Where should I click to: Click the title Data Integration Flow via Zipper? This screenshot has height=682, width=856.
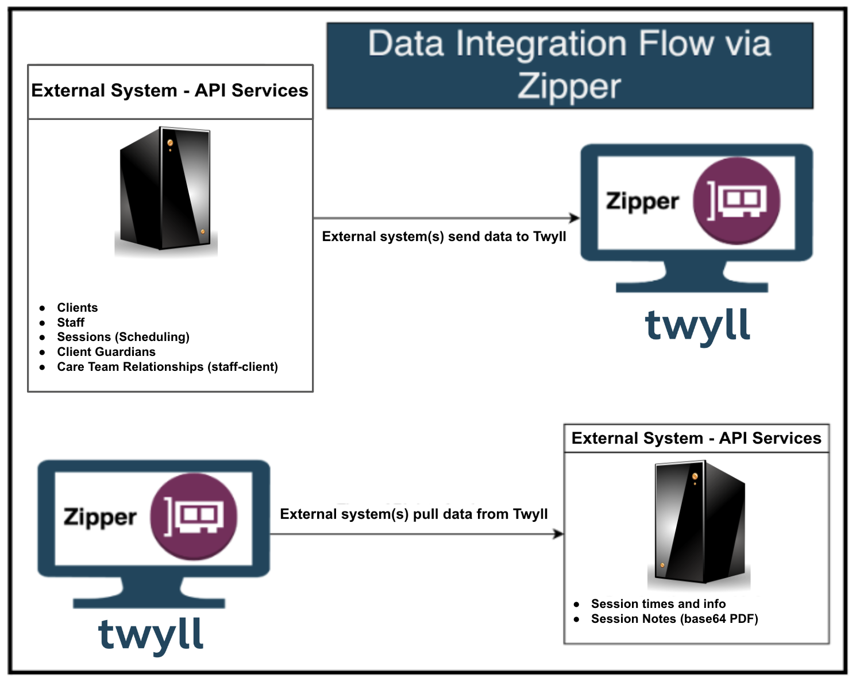point(569,65)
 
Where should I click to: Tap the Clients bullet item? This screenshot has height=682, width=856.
point(78,308)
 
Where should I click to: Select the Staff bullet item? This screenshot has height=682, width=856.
point(71,323)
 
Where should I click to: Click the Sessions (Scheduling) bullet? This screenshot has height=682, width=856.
point(123,337)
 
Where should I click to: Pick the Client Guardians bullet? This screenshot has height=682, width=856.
point(106,352)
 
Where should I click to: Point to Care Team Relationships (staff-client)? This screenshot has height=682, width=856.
point(167,367)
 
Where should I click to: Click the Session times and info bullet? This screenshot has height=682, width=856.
point(658,604)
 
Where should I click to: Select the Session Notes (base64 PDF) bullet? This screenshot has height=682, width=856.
point(674,619)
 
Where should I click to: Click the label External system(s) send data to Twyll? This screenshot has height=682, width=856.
point(444,237)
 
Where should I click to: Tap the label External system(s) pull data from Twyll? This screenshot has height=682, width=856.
point(414,514)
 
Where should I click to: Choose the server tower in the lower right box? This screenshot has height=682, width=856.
point(700,523)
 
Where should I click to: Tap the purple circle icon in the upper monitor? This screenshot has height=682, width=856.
point(737,201)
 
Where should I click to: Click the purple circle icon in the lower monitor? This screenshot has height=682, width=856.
point(194,517)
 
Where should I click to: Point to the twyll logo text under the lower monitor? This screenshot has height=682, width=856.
point(151,635)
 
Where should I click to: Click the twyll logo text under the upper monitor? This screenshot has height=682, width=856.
point(697,326)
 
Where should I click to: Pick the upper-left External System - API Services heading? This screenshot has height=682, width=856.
point(169,91)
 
